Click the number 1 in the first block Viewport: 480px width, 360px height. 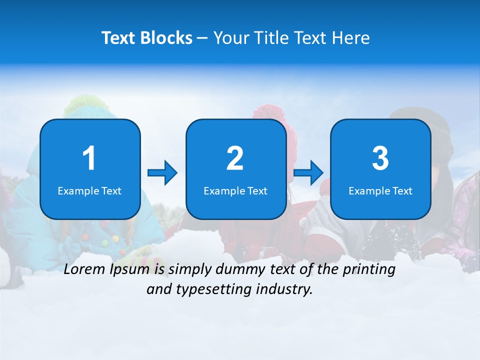pyautogui.click(x=89, y=159)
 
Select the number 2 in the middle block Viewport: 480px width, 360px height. pyautogui.click(x=235, y=159)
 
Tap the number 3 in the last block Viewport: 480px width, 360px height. pyautogui.click(x=380, y=159)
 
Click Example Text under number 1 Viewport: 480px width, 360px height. pyautogui.click(x=89, y=190)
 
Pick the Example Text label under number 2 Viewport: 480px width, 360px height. pyautogui.click(x=235, y=190)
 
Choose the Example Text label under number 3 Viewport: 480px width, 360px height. pyautogui.click(x=380, y=190)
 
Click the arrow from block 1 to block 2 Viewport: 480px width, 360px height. pyautogui.click(x=162, y=173)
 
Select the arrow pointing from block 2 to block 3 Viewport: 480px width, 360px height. pyautogui.click(x=308, y=173)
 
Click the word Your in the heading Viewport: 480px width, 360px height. pyautogui.click(x=230, y=38)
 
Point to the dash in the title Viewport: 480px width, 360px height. pyautogui.click(x=202, y=38)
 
